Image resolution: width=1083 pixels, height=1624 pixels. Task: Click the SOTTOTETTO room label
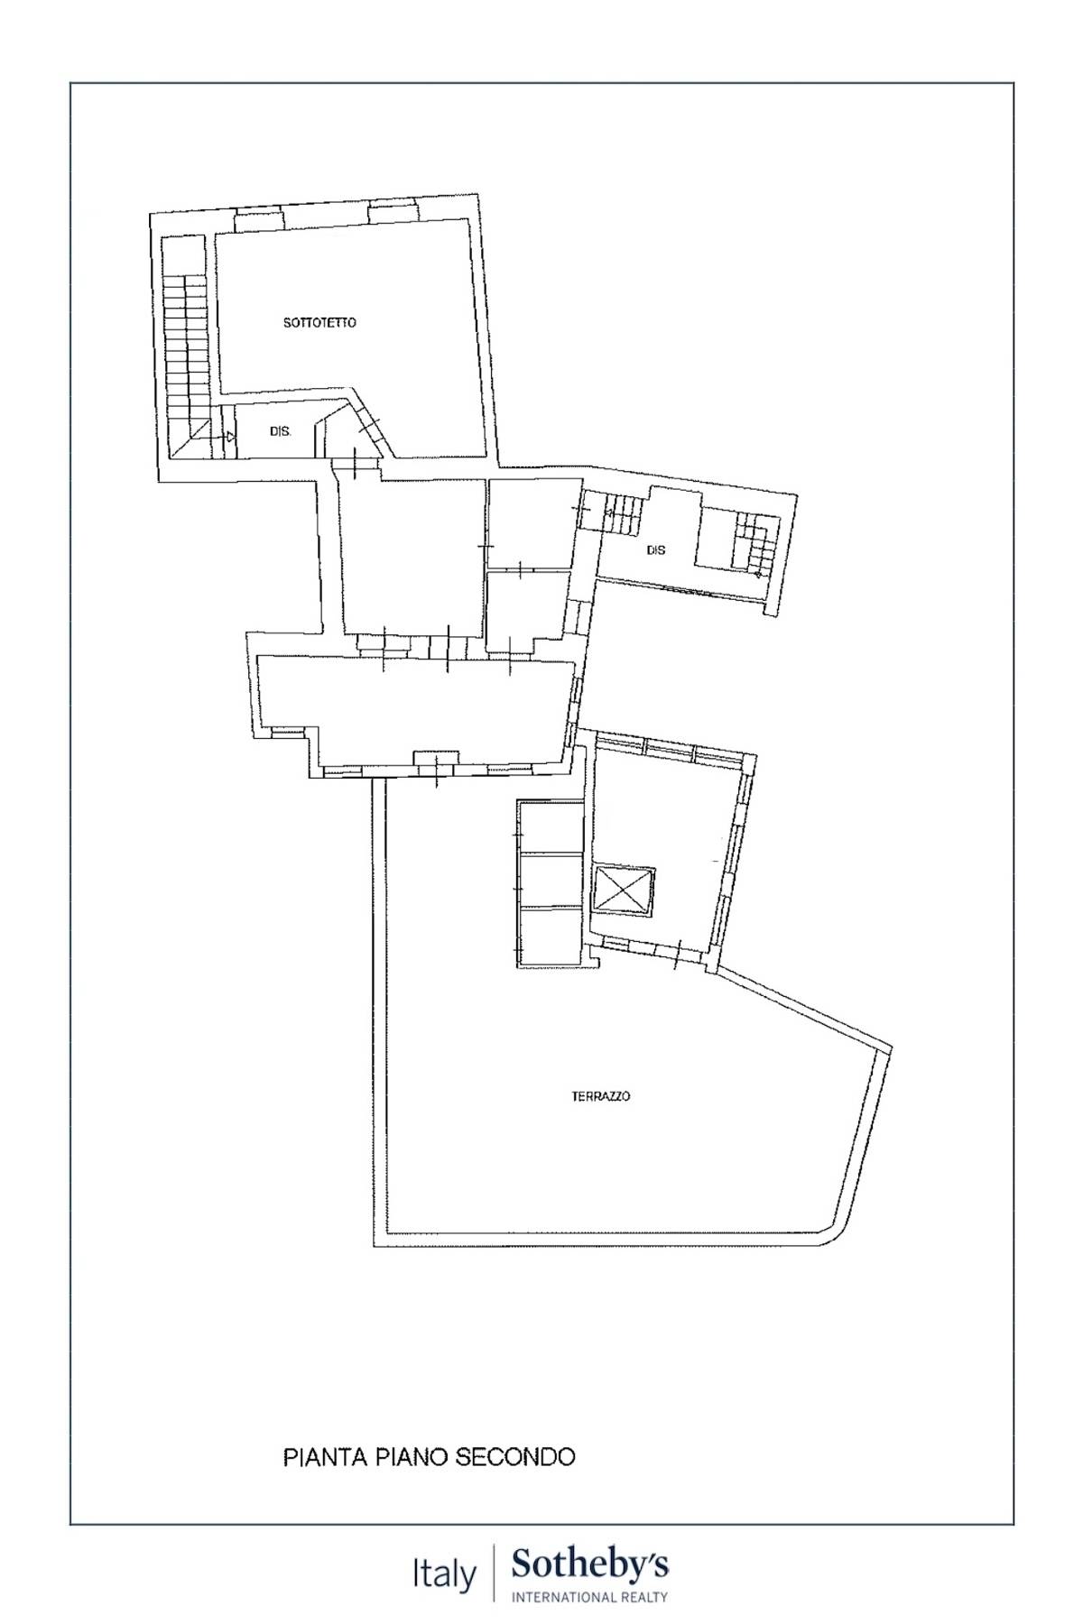[319, 322]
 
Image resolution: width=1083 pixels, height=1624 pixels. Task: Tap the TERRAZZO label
[601, 1096]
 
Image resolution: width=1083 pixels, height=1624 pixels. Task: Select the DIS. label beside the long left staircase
[281, 432]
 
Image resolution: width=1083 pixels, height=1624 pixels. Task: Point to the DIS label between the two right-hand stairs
[656, 549]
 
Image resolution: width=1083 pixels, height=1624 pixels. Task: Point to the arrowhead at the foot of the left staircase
[230, 437]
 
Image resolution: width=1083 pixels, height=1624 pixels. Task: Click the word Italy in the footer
[444, 1575]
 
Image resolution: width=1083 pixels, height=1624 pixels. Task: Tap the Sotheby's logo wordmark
[589, 1565]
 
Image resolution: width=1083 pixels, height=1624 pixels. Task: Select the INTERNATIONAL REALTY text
[589, 1597]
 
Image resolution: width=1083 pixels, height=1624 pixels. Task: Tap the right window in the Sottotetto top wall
[393, 215]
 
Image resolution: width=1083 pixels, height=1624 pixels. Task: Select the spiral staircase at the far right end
[754, 544]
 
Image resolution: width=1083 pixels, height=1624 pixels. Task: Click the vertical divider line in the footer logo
[494, 1575]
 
